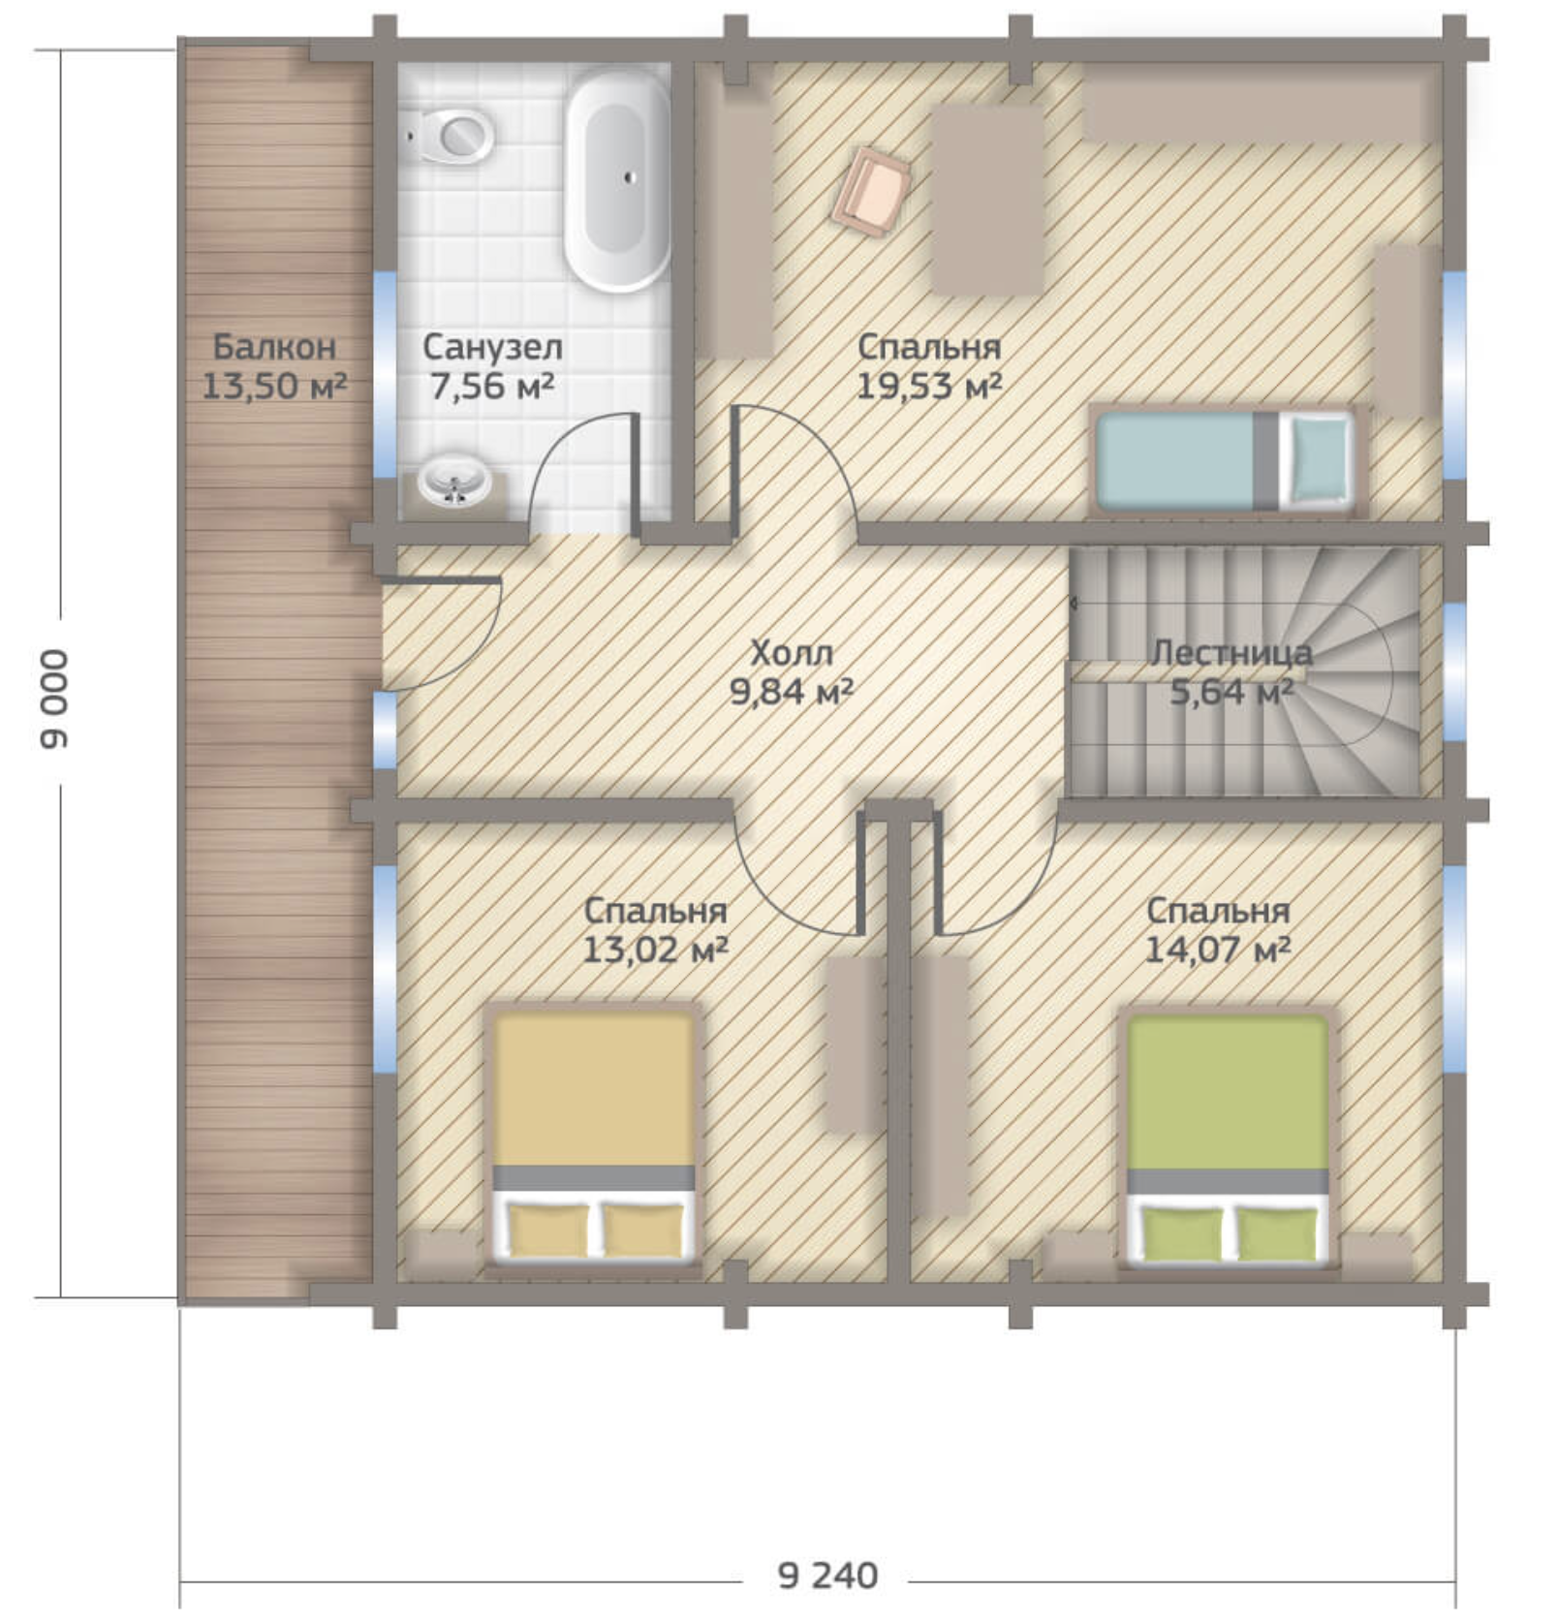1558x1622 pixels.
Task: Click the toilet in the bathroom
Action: [448, 136]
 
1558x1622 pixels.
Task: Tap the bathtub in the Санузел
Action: [618, 182]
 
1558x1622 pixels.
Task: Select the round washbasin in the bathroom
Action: [453, 481]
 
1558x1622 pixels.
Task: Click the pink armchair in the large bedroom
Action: [872, 192]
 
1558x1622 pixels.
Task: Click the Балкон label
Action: [274, 346]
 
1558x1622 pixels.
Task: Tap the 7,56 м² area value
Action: [492, 387]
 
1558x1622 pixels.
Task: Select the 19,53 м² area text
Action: [928, 387]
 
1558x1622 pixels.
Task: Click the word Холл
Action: [792, 653]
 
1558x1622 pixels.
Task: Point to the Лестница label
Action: [1231, 653]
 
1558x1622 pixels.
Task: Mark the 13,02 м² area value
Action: [655, 950]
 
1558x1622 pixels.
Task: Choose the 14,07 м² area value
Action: [1218, 950]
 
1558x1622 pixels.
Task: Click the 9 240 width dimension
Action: [827, 1575]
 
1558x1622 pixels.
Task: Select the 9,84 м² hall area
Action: [792, 692]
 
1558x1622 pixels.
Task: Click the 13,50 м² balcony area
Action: [274, 386]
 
